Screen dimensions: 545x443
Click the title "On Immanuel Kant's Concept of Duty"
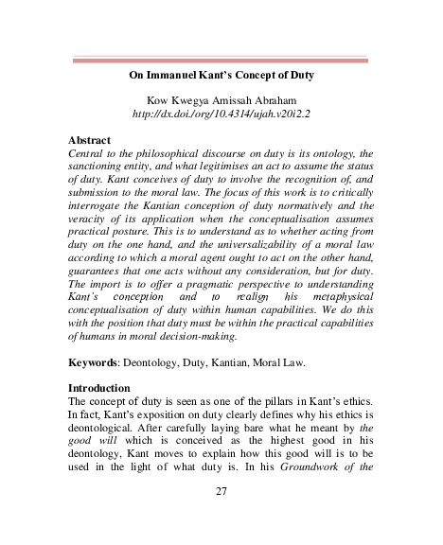(x=221, y=76)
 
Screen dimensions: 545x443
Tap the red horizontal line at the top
(x=221, y=60)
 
